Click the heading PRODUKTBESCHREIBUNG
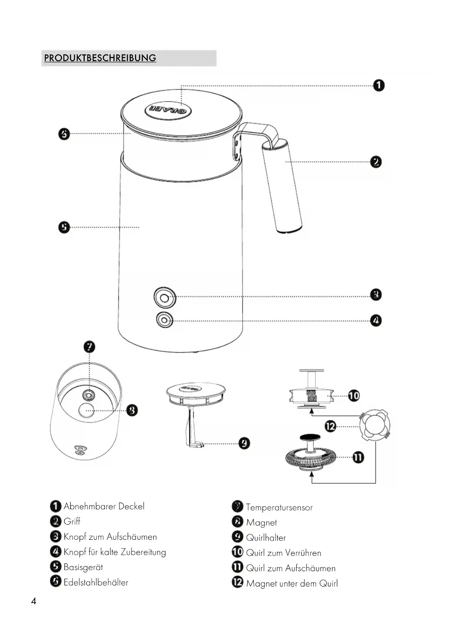100,58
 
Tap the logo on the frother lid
169,110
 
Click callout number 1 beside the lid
379,86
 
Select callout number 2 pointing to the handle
376,162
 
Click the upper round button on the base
165,298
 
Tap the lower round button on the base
164,320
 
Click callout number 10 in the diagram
353,395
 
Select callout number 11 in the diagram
358,457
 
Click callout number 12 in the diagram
330,426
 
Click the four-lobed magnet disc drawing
375,426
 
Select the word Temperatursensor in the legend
279,507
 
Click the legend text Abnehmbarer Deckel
104,506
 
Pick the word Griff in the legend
72,521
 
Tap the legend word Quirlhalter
266,538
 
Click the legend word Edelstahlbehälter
96,582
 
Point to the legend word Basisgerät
83,567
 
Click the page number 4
34,601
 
